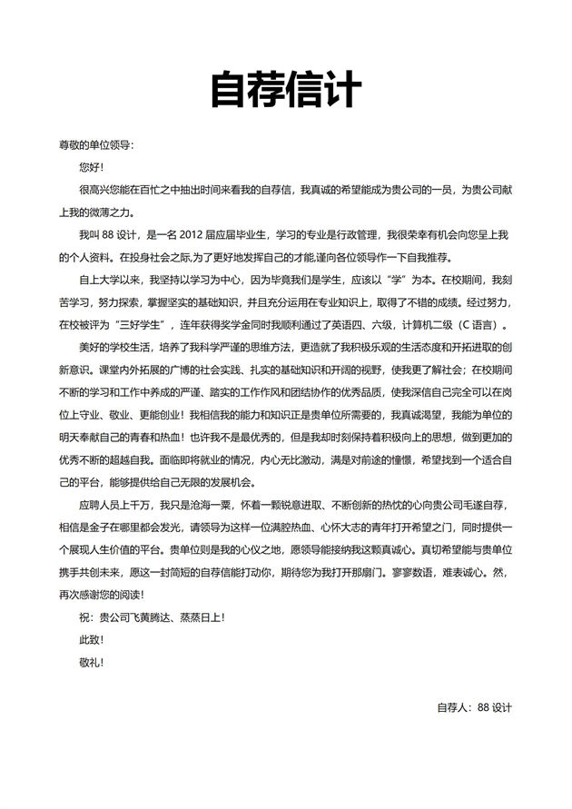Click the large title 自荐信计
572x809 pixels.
pyautogui.click(x=286, y=90)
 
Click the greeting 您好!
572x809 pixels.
pyautogui.click(x=91, y=167)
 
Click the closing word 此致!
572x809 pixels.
pyautogui.click(x=91, y=640)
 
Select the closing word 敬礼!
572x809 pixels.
pyautogui.click(x=91, y=662)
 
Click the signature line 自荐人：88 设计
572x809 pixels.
pyautogui.click(x=475, y=707)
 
